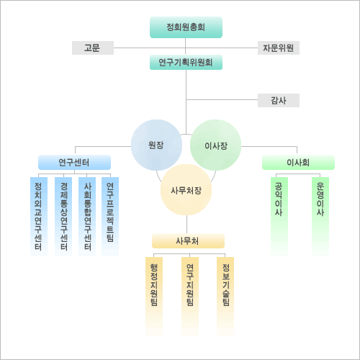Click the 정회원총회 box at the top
coord(186,27)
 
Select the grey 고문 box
coord(93,48)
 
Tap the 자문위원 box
coord(279,48)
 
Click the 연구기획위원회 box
coord(186,63)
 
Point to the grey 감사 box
coord(279,100)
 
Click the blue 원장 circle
coord(156,145)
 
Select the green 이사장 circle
coord(215,145)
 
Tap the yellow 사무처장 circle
coord(186,190)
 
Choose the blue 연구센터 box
coord(74,163)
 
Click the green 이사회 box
coord(298,163)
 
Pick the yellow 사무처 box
coord(188,240)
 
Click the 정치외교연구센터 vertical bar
coord(39,217)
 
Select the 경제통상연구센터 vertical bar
coord(63,217)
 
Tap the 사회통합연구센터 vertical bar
coord(87,217)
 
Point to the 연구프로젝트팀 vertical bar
coord(110,217)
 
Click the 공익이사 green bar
coord(279,217)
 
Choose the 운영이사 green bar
coord(320,217)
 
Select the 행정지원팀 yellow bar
coord(154,297)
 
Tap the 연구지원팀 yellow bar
coord(190,297)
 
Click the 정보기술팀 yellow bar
coord(225,297)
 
